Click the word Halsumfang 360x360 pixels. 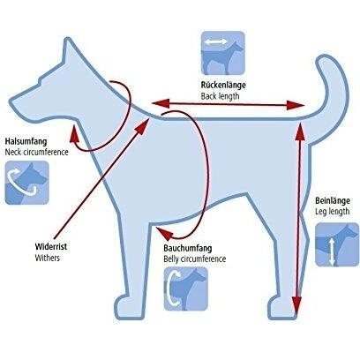(x=26, y=141)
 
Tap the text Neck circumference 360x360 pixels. (x=37, y=152)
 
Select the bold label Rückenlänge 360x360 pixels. (x=223, y=86)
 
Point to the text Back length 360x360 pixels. (x=221, y=96)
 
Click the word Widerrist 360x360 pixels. (x=51, y=246)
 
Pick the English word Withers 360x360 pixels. (x=48, y=258)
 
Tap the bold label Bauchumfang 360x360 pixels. (x=188, y=248)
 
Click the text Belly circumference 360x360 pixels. (x=195, y=259)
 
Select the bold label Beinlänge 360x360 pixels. (x=333, y=201)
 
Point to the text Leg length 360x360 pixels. (x=333, y=212)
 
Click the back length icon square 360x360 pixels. (x=223, y=53)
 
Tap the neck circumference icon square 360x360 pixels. (x=26, y=183)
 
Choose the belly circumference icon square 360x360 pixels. (x=186, y=289)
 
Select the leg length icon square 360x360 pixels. (x=337, y=244)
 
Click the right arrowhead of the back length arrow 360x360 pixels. (x=296, y=105)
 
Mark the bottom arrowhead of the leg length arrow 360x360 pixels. (x=296, y=305)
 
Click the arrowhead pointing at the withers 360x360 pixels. (x=143, y=126)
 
